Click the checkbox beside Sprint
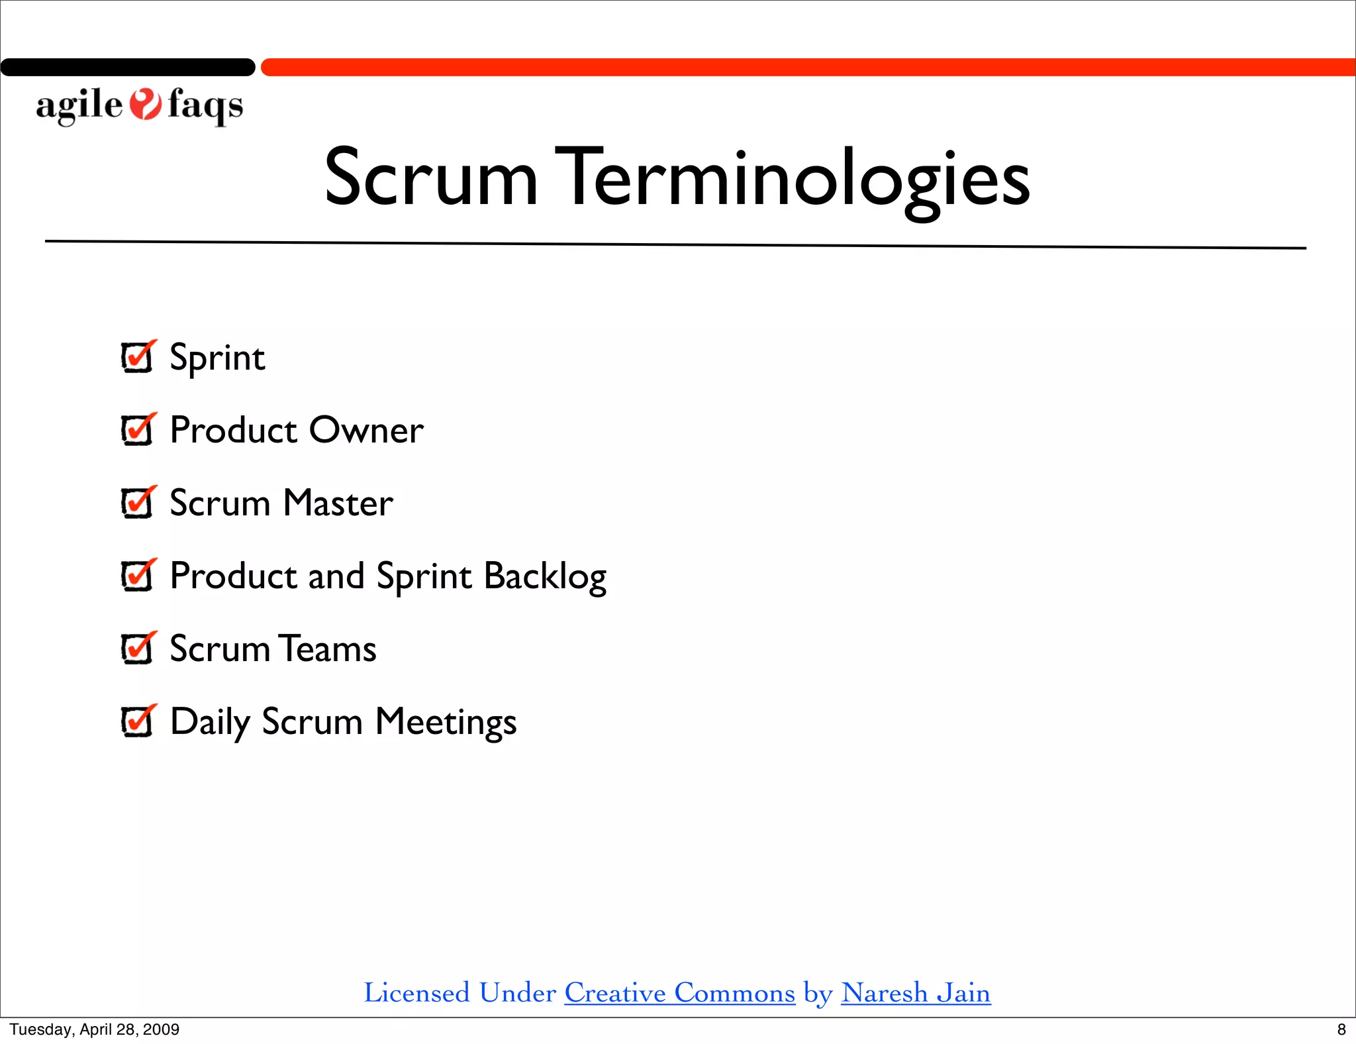click(137, 358)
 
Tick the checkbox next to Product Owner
click(137, 431)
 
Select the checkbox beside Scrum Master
click(137, 503)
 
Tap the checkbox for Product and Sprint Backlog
click(137, 576)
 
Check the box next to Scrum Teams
click(137, 649)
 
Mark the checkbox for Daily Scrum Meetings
click(137, 722)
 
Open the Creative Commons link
click(679, 993)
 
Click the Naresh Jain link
click(916, 993)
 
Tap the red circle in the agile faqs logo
click(145, 105)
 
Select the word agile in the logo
click(79, 106)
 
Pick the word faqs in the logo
click(205, 106)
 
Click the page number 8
click(1341, 1029)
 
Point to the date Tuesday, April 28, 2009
click(94, 1029)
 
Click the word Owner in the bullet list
click(366, 431)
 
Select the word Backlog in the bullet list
click(545, 576)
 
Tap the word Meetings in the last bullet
click(446, 722)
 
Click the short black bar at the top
click(128, 68)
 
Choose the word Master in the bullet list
click(338, 503)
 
